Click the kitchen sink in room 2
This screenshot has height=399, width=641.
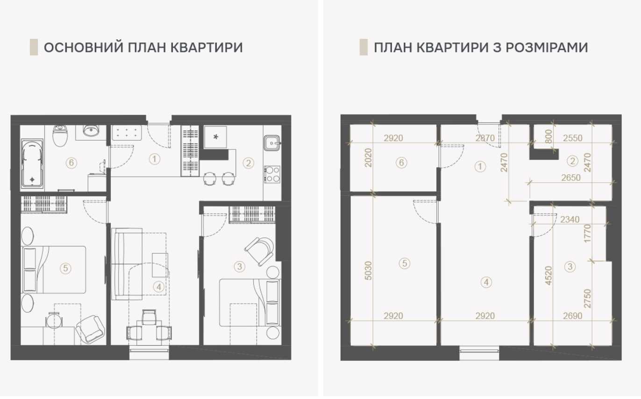pos(271,142)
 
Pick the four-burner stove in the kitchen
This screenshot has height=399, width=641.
pos(271,174)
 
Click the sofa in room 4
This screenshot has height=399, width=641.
pos(127,264)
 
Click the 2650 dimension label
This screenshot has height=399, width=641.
pos(571,178)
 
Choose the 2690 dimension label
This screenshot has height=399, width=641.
pos(573,316)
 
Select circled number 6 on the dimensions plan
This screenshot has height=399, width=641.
pos(401,163)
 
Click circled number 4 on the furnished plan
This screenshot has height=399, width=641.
pos(159,286)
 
